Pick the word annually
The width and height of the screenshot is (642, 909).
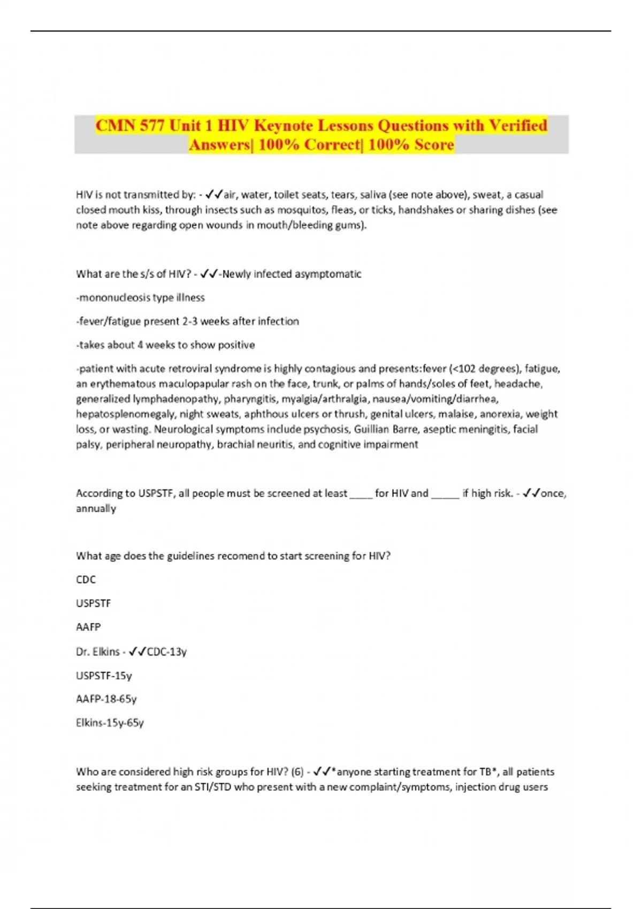[x=96, y=508]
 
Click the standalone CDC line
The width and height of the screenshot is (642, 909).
[x=86, y=580]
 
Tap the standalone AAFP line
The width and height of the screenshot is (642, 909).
[x=88, y=627]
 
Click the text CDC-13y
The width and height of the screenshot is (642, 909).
[x=166, y=651]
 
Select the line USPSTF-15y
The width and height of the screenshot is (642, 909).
[x=104, y=675]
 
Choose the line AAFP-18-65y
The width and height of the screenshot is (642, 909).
[x=106, y=699]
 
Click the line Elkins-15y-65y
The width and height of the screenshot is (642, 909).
[x=110, y=723]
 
